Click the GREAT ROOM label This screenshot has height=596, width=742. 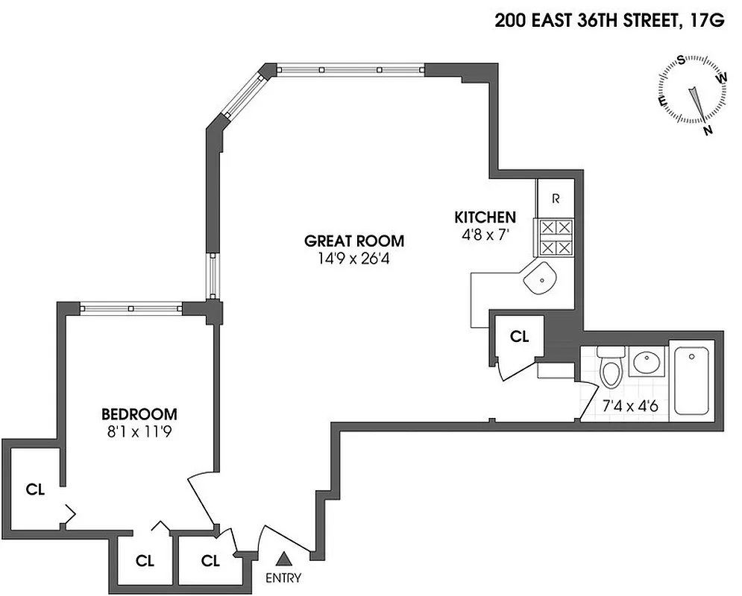point(354,241)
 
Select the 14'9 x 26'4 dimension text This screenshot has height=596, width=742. point(354,260)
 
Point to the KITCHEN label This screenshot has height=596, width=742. point(485,218)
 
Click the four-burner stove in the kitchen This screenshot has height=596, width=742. point(556,237)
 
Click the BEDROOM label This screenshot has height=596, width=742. point(139,414)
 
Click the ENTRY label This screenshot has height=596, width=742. point(283,578)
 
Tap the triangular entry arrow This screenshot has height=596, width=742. point(283,558)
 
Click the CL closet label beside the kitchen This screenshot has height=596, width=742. point(519,336)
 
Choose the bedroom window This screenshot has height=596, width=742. point(131,307)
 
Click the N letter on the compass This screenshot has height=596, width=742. point(708,130)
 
